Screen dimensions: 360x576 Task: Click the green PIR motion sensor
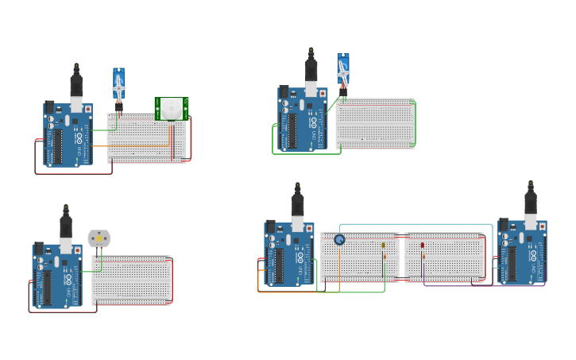point(172,108)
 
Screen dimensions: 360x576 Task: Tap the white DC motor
point(99,238)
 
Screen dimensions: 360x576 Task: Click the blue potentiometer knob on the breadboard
point(339,239)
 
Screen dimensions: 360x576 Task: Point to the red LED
point(422,246)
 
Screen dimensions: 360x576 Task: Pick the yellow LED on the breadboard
point(383,246)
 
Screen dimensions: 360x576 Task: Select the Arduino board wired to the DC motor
point(56,275)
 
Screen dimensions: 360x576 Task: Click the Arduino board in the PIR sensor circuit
point(68,134)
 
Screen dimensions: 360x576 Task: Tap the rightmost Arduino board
point(522,252)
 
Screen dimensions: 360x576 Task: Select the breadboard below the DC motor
point(131,280)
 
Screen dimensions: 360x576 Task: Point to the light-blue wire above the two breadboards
point(413,225)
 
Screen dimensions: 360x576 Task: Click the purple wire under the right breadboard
point(477,285)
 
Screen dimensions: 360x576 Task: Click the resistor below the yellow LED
point(384,256)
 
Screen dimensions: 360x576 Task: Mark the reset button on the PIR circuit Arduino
point(87,109)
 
